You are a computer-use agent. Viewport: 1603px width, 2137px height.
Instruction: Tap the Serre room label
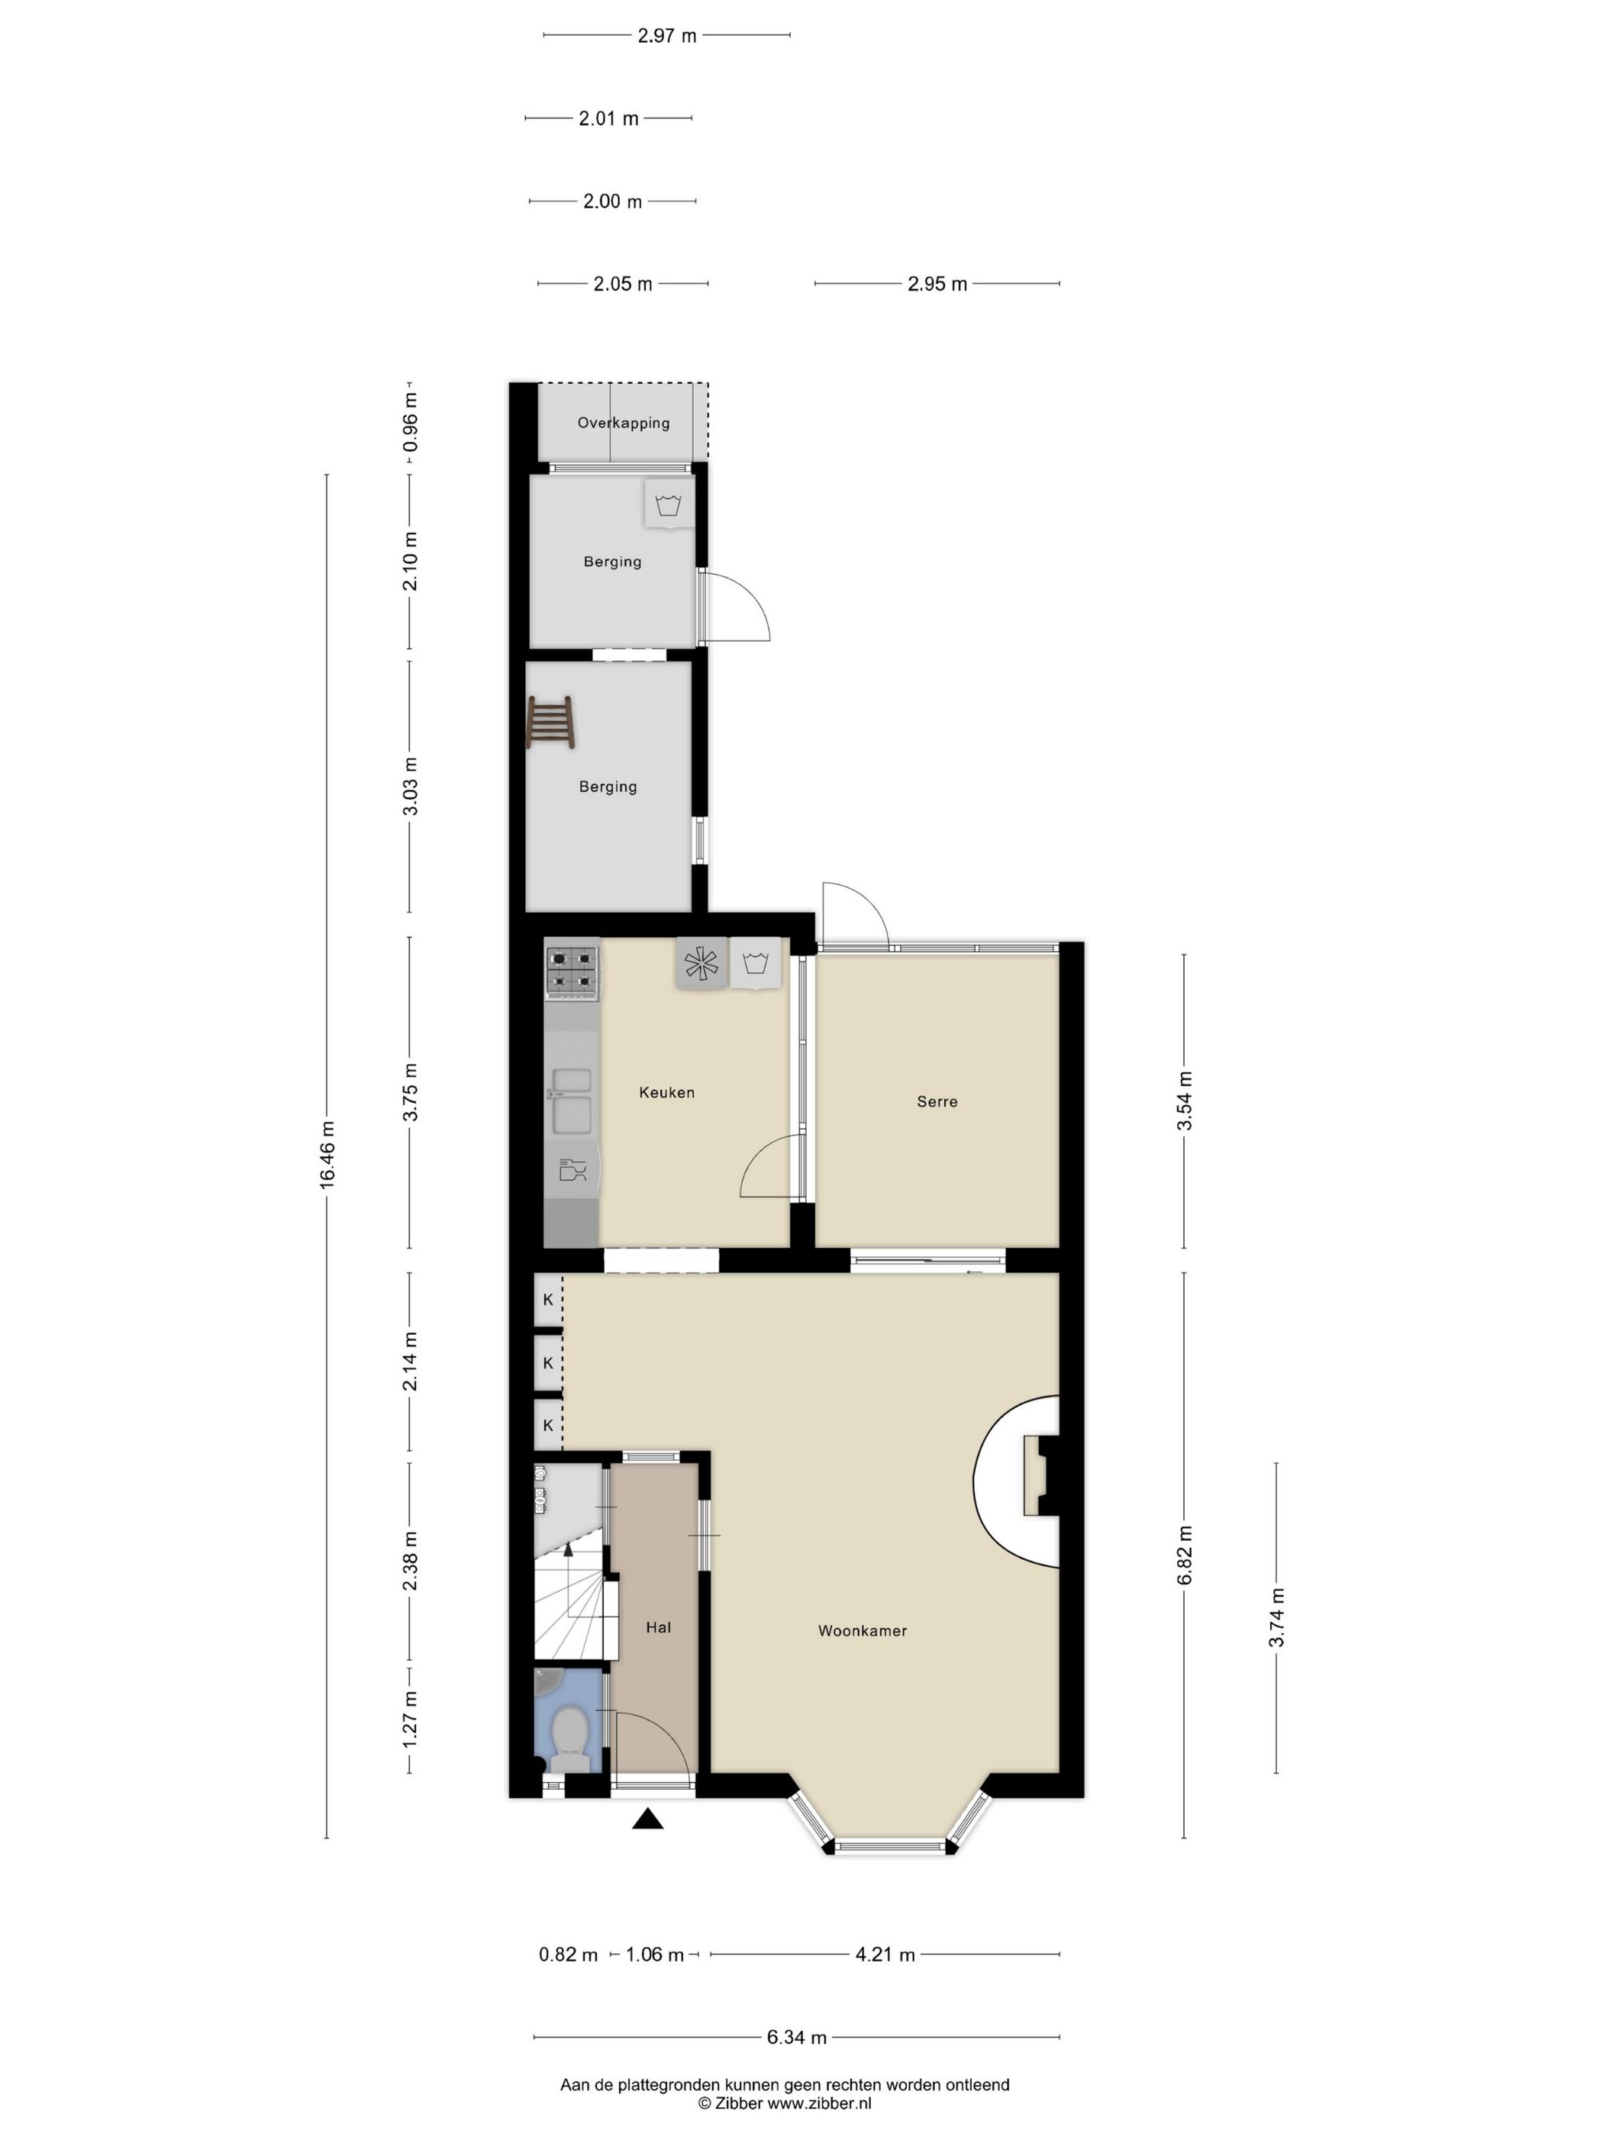[x=937, y=1101]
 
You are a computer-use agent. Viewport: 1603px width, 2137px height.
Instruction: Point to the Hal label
[x=658, y=1628]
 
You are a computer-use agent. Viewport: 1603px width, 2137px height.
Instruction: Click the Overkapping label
[x=623, y=423]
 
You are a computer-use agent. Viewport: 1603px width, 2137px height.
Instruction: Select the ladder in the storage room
[x=551, y=723]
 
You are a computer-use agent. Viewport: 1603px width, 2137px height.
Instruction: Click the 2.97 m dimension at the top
[x=666, y=36]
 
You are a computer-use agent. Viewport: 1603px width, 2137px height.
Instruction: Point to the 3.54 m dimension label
[x=1185, y=1101]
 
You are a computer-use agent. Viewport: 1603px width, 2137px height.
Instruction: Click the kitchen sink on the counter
[x=571, y=1101]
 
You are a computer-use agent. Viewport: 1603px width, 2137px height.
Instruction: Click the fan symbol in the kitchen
[x=702, y=963]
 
